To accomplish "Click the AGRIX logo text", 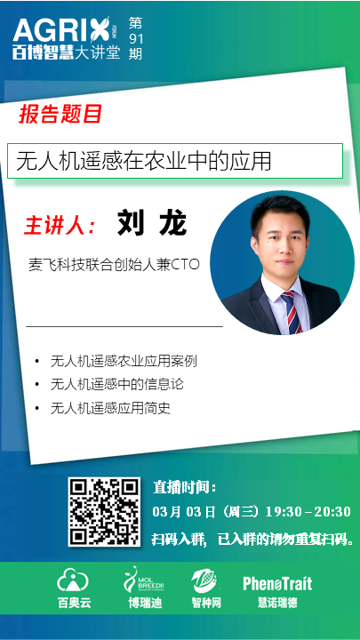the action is (x=61, y=30).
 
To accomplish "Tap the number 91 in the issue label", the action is (x=136, y=38).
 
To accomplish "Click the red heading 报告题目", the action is (x=60, y=114).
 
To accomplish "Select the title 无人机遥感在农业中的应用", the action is (x=144, y=161).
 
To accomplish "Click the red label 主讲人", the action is (x=60, y=224).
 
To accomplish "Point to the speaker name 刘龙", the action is (x=152, y=223).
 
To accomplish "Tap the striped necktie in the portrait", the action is (x=292, y=312).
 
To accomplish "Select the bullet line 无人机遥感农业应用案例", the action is (x=124, y=361).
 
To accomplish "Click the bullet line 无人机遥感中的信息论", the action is (x=117, y=385).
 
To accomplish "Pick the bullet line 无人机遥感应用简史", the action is (x=110, y=408).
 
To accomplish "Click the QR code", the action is (x=104, y=512).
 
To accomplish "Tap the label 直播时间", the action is (x=184, y=487).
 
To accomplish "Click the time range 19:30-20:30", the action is (x=308, y=511).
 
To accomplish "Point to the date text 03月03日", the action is (x=184, y=512).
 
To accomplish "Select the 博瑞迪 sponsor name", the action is (x=145, y=603).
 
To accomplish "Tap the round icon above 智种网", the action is (x=205, y=581).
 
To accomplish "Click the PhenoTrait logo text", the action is (x=277, y=583).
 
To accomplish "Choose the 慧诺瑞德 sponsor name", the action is (x=277, y=603).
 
